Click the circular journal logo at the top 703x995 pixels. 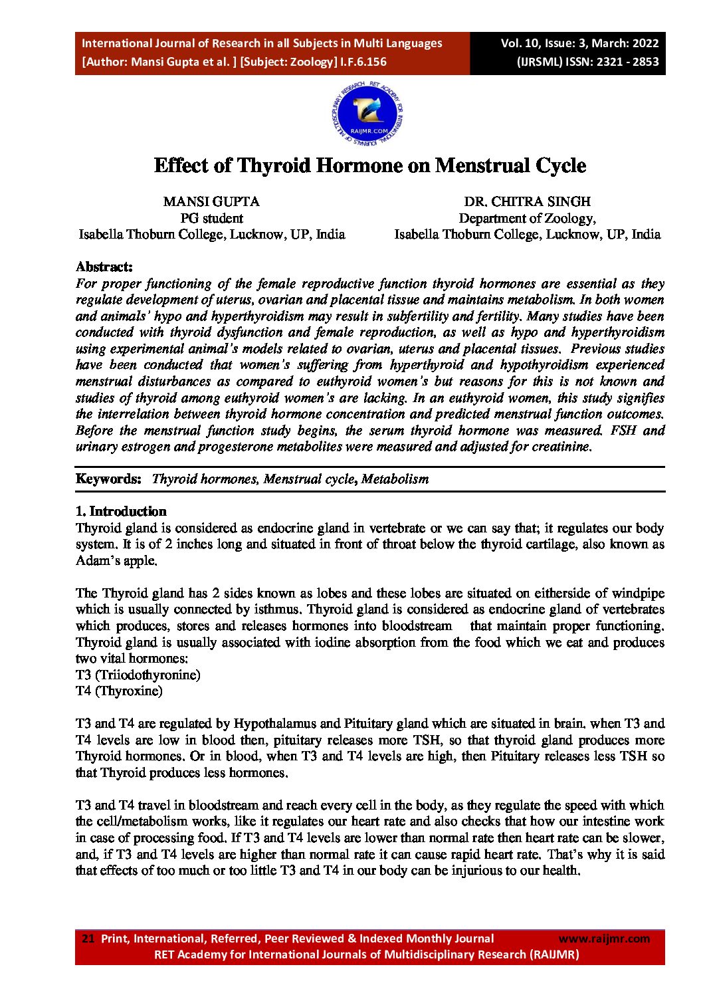pos(367,114)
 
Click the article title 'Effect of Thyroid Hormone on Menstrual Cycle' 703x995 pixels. pos(370,166)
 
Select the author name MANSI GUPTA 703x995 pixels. pos(211,201)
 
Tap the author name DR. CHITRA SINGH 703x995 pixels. pos(527,201)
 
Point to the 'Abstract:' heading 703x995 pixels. pos(104,267)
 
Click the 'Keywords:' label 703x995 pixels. pos(108,479)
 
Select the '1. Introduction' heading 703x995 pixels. pos(121,511)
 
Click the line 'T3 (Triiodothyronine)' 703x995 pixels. pos(138,675)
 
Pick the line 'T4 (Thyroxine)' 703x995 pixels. pos(119,691)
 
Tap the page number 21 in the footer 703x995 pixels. pos(88,939)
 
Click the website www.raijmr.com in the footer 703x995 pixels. pos(604,939)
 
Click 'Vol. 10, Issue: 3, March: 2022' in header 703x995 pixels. pos(579,43)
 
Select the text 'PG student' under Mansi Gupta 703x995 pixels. pos(211,218)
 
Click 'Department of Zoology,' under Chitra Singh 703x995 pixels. pos(527,218)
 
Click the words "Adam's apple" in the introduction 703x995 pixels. pos(116,560)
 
